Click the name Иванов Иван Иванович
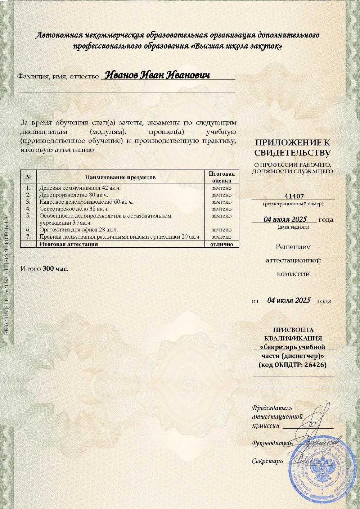157,75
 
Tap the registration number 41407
294,196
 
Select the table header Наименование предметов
120,177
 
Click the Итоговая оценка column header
222,177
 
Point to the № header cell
28,177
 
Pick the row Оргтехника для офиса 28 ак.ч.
78,230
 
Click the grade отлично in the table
222,244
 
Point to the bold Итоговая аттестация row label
69,244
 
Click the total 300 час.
55,269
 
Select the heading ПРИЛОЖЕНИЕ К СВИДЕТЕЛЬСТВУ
292,148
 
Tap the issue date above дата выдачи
285,219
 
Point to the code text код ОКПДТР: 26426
293,365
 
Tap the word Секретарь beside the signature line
267,461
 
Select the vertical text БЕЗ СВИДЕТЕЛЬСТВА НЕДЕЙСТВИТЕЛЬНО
7,276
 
